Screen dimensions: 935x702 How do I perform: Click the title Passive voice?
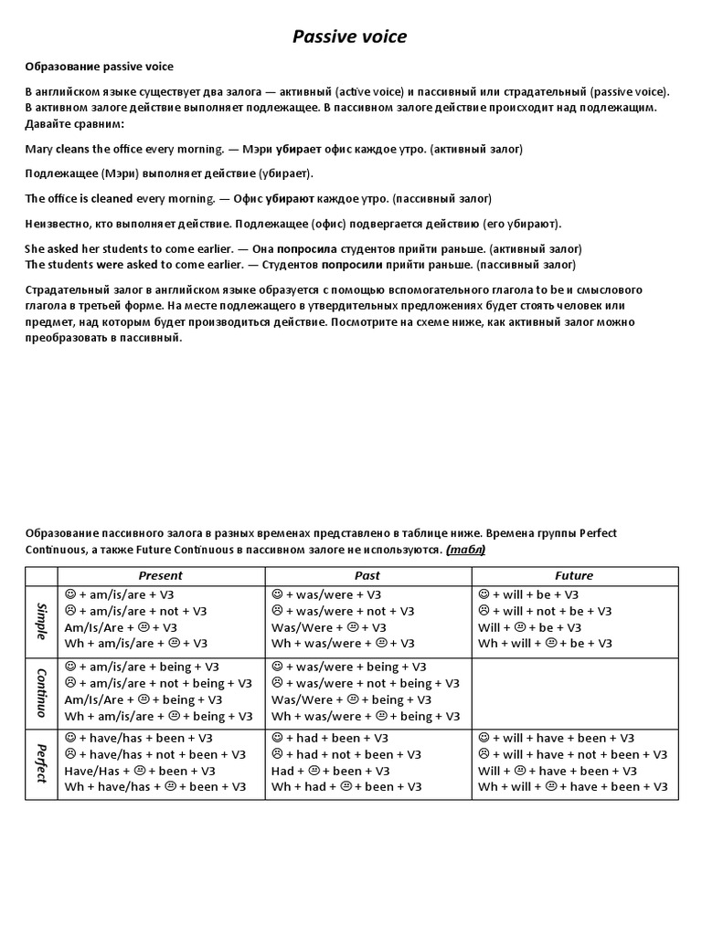[349, 37]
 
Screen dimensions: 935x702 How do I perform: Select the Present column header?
[160, 575]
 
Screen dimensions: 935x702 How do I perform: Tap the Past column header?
[367, 575]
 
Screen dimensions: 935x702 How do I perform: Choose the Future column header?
[574, 575]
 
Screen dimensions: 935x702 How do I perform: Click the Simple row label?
[41, 620]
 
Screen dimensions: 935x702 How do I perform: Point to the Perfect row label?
[41, 763]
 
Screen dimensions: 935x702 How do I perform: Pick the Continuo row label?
[41, 691]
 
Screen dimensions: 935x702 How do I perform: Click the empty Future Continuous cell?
[575, 691]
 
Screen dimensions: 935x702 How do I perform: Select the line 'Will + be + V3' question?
[529, 627]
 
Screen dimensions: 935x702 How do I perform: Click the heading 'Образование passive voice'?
[99, 68]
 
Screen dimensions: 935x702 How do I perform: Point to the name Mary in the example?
[39, 148]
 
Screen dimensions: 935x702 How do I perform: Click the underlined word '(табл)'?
[466, 549]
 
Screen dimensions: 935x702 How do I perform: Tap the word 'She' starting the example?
[35, 248]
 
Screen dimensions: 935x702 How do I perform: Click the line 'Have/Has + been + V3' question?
[125, 771]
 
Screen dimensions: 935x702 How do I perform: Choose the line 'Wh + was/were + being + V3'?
[366, 716]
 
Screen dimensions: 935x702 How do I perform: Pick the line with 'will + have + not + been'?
[572, 754]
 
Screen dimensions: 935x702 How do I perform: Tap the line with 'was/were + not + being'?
[351, 683]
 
